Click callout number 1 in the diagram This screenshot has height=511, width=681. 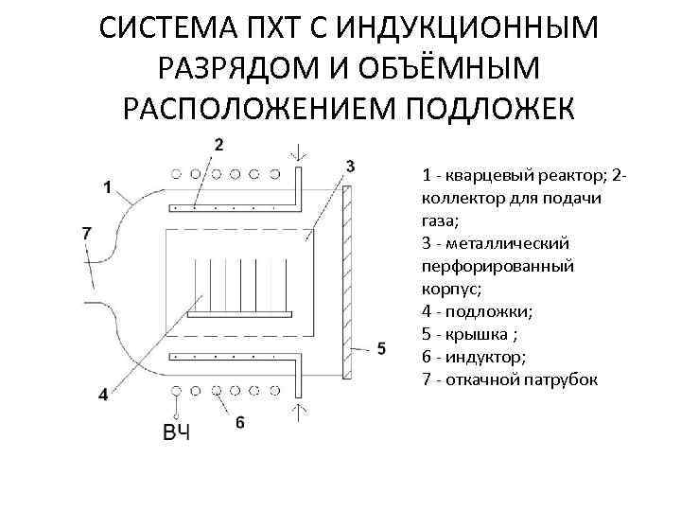coord(108,187)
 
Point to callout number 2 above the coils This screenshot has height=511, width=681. coord(219,145)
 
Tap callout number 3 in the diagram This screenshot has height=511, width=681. coord(350,167)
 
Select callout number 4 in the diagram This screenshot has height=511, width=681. coord(103,395)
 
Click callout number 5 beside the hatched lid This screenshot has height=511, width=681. coord(381,349)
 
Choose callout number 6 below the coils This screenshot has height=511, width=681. coord(240,422)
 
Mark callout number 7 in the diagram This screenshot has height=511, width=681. coord(87,232)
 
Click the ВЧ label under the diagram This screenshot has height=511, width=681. coord(176,433)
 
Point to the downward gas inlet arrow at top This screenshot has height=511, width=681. coord(301,151)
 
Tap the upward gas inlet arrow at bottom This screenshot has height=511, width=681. coord(301,410)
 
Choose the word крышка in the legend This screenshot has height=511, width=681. coord(483,334)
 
